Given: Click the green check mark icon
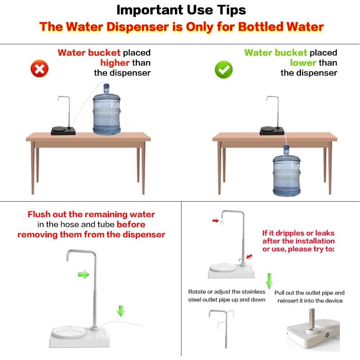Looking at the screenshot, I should [224, 69].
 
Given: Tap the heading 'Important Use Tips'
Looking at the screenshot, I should [181, 10].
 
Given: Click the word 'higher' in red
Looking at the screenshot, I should [115, 63].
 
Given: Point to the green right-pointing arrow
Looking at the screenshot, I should [84, 275].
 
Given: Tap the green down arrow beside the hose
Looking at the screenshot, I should [121, 310].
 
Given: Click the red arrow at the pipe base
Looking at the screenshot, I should [249, 256].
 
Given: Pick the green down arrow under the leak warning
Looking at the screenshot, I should [269, 280].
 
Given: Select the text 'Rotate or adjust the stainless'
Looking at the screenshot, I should [226, 292].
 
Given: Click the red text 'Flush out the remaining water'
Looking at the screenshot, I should [91, 215].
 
